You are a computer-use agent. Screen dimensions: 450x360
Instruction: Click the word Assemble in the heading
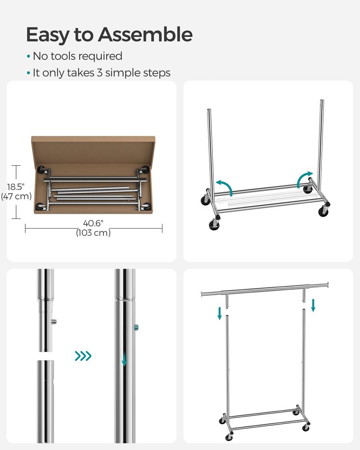coord(145,35)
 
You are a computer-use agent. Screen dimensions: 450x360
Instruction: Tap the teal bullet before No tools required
coord(28,57)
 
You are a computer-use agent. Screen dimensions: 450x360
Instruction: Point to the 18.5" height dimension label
coord(15,187)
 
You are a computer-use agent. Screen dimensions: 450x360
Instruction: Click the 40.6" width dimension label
coord(93,223)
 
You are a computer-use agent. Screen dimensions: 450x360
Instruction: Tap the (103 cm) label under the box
coord(93,233)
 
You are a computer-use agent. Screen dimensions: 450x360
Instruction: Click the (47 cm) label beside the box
coord(16,196)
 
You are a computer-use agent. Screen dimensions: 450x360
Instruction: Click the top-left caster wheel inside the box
coord(42,171)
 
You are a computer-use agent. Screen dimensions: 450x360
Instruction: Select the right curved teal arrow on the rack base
coord(305,178)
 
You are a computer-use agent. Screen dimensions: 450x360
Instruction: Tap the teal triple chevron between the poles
coord(83,356)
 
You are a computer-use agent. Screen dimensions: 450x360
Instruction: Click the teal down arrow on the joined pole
coord(125,360)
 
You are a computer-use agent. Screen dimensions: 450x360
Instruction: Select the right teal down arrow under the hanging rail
coord(313,305)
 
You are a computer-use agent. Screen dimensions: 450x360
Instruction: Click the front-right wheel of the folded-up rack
coord(323,211)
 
